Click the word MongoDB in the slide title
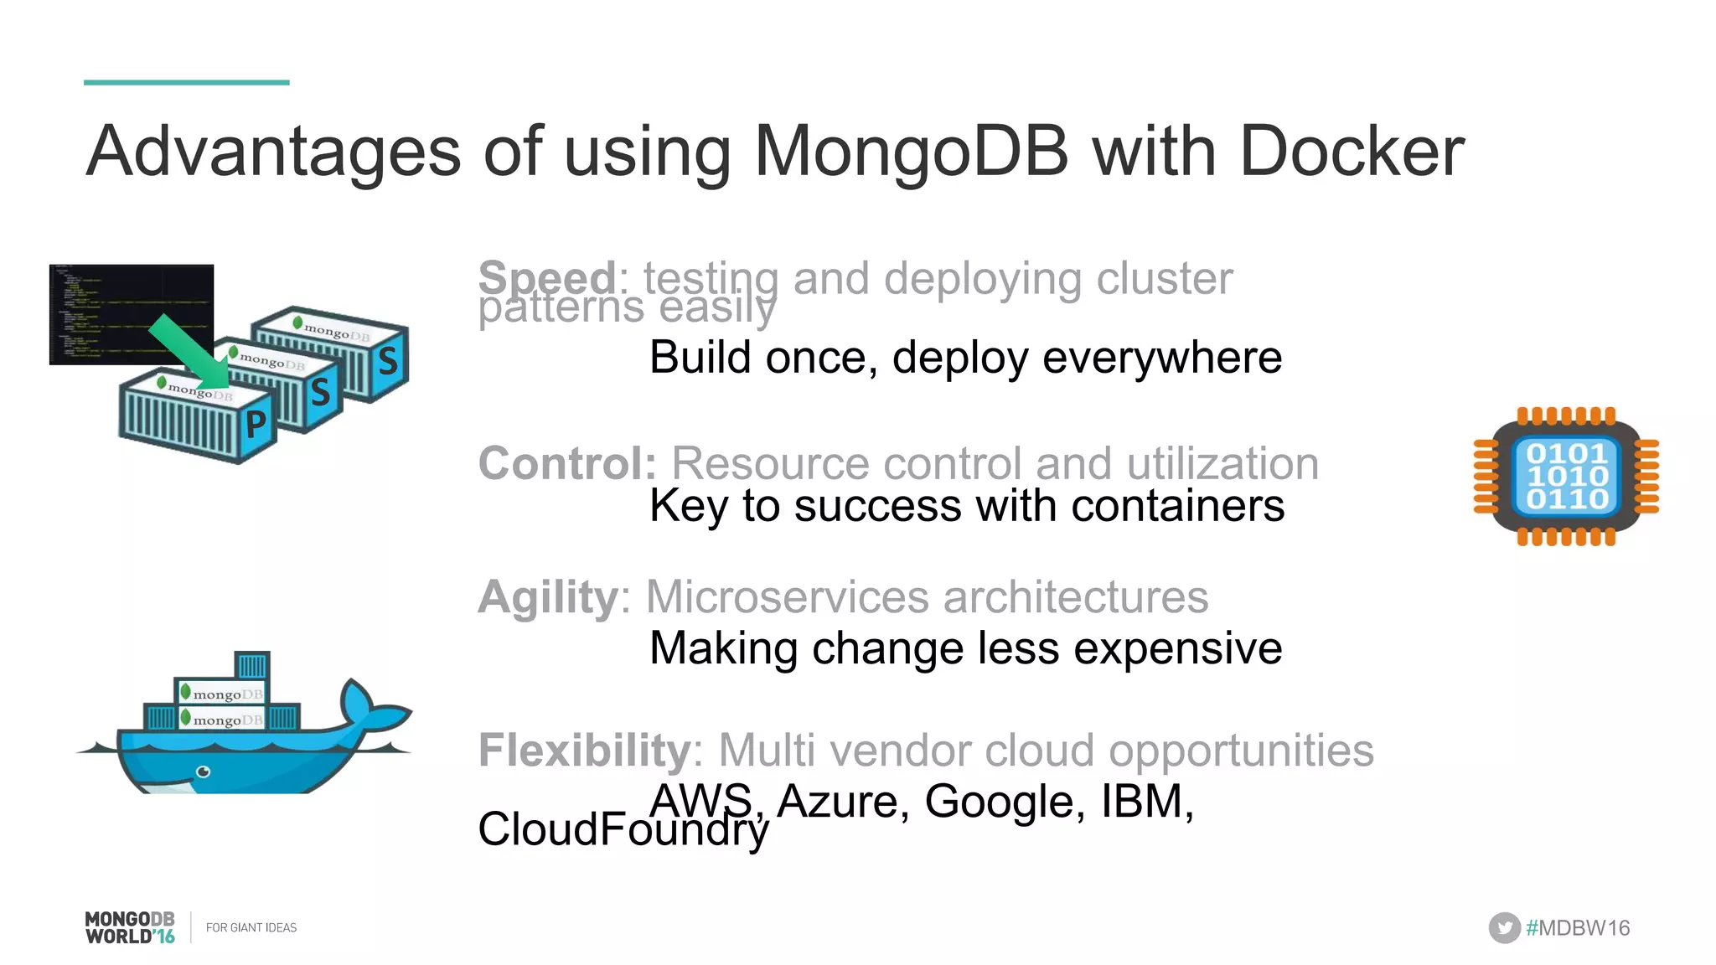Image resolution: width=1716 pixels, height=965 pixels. click(x=912, y=152)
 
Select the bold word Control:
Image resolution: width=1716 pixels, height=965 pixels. click(x=567, y=463)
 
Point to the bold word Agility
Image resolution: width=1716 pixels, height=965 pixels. click(x=548, y=598)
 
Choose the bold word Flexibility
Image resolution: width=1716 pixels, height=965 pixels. click(x=584, y=750)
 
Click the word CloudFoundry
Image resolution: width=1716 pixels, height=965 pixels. click(x=623, y=829)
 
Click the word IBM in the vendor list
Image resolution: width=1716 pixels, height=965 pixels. click(x=1145, y=801)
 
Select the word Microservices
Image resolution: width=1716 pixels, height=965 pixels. click(x=787, y=597)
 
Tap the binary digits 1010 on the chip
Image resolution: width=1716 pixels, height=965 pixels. click(x=1566, y=476)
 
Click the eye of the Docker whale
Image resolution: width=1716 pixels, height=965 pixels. click(x=203, y=771)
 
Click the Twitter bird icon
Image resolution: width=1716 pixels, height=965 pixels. click(x=1504, y=927)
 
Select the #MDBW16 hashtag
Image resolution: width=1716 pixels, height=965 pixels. click(x=1578, y=928)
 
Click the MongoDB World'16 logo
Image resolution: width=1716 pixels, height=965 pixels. click(x=130, y=927)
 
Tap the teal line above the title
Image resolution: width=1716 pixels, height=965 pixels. click(x=186, y=82)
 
